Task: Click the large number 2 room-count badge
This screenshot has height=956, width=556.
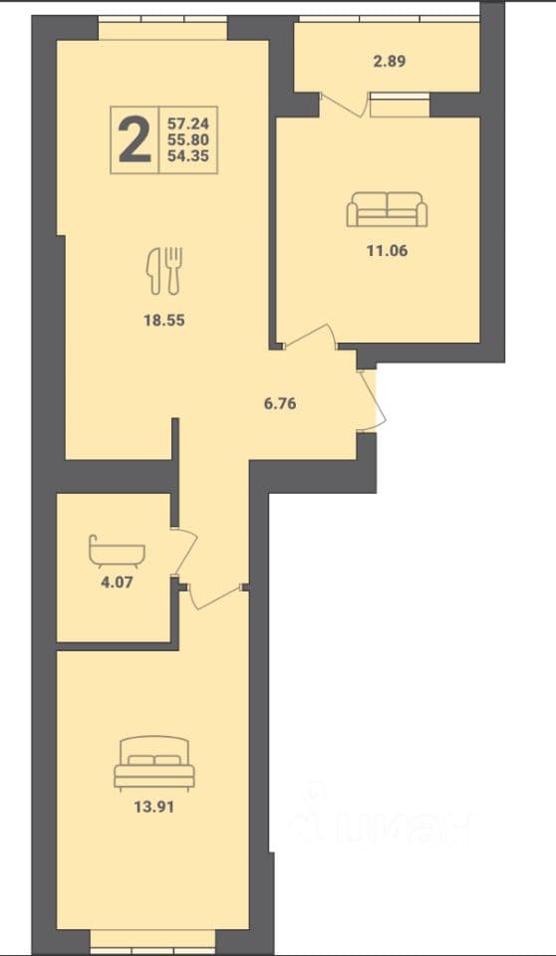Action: (x=135, y=140)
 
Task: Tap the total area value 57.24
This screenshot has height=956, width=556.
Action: (x=188, y=123)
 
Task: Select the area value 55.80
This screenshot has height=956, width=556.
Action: (x=188, y=139)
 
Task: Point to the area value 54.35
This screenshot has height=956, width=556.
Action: (x=188, y=156)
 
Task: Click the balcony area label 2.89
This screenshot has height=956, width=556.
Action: (x=390, y=61)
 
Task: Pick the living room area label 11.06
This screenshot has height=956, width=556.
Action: (x=387, y=250)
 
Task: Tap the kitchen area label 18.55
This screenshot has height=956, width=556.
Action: (x=163, y=320)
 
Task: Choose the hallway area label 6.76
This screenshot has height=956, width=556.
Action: (x=280, y=403)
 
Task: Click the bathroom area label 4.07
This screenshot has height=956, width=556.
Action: (x=117, y=581)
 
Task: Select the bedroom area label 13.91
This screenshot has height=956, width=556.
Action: (x=153, y=808)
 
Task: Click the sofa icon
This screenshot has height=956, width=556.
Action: (x=387, y=209)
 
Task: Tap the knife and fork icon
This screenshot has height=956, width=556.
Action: (x=164, y=270)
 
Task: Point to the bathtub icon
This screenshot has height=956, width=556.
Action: (x=118, y=553)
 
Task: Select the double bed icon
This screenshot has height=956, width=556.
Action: (x=154, y=764)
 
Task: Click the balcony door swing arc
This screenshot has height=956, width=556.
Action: (x=345, y=105)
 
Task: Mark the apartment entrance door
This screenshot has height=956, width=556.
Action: (x=373, y=401)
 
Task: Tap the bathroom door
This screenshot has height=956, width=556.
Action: (x=186, y=552)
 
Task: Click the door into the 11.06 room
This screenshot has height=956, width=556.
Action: (x=311, y=336)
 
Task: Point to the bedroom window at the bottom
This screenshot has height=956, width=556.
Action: (x=153, y=950)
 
